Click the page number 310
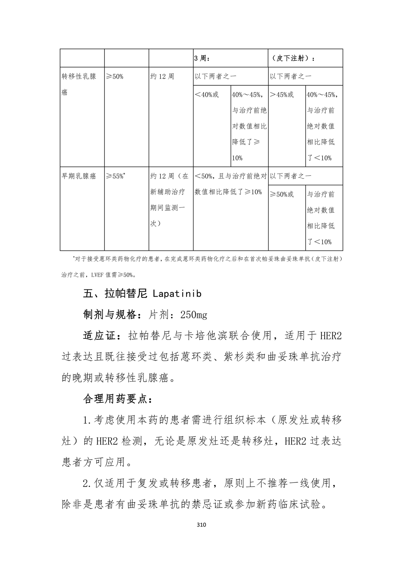(201, 525)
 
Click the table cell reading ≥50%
(114, 76)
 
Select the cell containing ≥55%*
(116, 176)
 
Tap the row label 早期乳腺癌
(79, 176)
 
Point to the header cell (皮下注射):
(293, 58)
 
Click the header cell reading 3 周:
(202, 58)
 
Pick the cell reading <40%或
(207, 94)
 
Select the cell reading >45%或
(282, 94)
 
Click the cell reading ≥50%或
(282, 194)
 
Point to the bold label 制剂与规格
(110, 314)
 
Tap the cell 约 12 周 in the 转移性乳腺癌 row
(162, 76)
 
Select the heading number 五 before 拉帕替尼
(88, 294)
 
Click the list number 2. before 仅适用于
(88, 484)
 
